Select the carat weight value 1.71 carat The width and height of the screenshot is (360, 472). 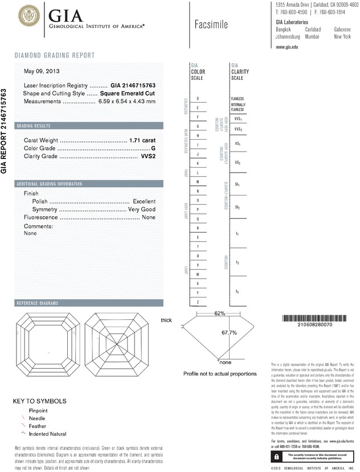[142, 140]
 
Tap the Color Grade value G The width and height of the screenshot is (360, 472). [153, 148]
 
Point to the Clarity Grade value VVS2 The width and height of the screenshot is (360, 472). [148, 157]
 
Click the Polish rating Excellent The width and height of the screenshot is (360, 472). [144, 201]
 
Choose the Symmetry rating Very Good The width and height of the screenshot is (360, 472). [142, 210]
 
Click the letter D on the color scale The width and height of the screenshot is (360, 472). [198, 99]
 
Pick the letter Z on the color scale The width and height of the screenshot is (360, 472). [198, 302]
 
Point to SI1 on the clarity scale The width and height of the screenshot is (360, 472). [238, 185]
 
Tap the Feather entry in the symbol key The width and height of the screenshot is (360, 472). [33, 426]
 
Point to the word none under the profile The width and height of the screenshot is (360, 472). [225, 363]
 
